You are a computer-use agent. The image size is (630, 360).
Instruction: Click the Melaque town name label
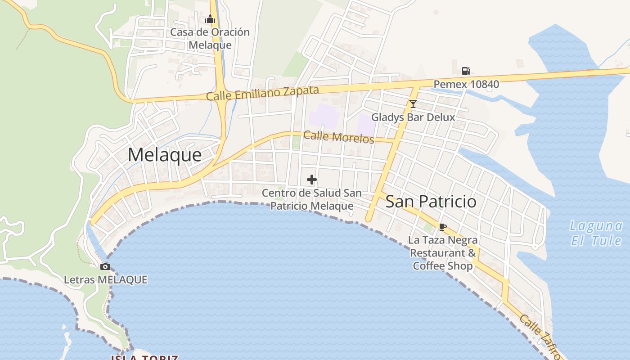coord(165,155)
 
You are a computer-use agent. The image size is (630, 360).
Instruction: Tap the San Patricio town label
coord(431,201)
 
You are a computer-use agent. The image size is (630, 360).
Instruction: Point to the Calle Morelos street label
coord(338,137)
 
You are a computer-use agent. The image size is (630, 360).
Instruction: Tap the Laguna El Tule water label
coord(596,233)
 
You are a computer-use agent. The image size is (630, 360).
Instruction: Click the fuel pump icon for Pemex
coord(466,71)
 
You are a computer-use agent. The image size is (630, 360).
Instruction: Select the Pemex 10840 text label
coord(466,84)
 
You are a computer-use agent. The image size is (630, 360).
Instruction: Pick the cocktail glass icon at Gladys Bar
coord(413,104)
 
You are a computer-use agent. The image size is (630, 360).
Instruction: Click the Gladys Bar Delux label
coord(413,117)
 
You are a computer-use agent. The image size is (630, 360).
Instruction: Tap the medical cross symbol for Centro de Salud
coord(311,180)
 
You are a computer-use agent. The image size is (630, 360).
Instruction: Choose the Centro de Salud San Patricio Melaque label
coord(311,199)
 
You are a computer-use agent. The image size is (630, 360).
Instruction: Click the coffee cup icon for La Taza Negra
coord(443,227)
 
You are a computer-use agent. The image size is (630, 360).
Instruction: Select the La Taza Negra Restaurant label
coord(443,246)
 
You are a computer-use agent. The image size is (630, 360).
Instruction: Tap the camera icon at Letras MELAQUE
coord(105,266)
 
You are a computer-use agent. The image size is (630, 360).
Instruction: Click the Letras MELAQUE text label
coord(105,279)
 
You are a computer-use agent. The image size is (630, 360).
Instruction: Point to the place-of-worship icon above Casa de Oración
coord(210,19)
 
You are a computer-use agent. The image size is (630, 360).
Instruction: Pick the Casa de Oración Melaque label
coord(210,38)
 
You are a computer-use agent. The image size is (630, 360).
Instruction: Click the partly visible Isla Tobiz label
coord(144,357)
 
